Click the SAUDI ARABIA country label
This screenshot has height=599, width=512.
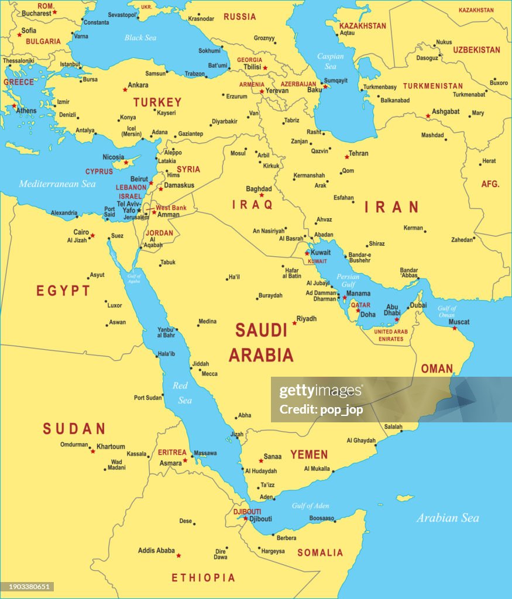click(261, 342)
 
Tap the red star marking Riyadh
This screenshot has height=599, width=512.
click(294, 323)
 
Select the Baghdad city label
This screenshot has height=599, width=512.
click(259, 189)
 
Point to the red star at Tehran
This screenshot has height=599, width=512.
click(346, 157)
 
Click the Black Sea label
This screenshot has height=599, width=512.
click(140, 37)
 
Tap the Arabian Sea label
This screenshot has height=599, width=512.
click(448, 518)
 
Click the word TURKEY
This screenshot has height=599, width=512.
click(157, 102)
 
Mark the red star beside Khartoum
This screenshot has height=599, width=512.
click(92, 451)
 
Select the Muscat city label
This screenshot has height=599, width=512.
click(459, 322)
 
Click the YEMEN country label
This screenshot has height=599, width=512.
click(309, 455)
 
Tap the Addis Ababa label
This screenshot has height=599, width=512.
click(156, 550)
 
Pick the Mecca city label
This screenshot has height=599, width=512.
click(209, 374)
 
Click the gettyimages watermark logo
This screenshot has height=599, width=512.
click(321, 391)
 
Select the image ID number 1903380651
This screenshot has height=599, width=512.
click(28, 587)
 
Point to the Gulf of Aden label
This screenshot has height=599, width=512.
click(310, 506)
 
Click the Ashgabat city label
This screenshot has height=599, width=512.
click(445, 111)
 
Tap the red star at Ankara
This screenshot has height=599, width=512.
click(125, 89)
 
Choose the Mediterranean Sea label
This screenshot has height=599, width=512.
click(57, 184)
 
